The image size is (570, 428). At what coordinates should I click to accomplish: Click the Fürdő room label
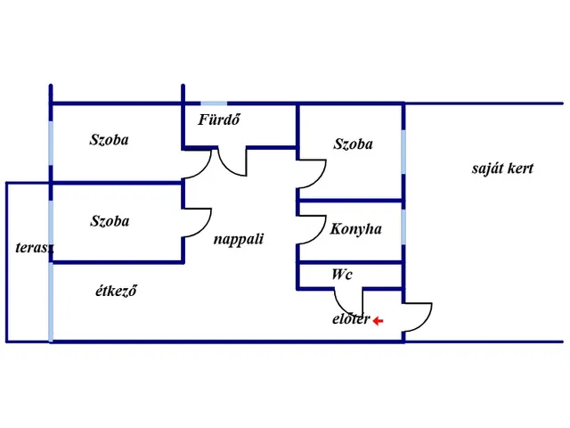coord(220,120)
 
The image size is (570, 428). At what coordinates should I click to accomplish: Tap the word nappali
coord(238,239)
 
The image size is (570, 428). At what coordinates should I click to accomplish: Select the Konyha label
coord(355,229)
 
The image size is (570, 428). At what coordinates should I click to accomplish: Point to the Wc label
coord(341,275)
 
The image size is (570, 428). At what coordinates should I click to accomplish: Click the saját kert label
coord(502,168)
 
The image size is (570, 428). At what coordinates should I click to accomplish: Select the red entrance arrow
coord(378,321)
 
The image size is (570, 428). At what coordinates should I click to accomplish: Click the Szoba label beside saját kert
coord(353,144)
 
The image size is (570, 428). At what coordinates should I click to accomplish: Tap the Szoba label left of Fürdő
coord(109,140)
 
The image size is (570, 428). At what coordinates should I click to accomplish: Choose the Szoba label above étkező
coord(109,221)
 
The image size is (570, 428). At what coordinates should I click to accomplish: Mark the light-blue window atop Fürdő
coord(214,103)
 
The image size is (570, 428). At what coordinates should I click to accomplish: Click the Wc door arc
coord(346,306)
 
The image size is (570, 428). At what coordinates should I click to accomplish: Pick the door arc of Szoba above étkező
coord(201,223)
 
